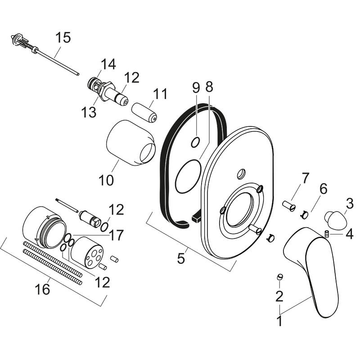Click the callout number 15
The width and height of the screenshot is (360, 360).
pyautogui.click(x=64, y=37)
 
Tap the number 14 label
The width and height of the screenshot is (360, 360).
pyautogui.click(x=108, y=65)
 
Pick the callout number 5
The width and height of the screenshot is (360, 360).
pyautogui.click(x=181, y=259)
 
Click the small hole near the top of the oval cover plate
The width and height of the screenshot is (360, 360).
pyautogui.click(x=240, y=172)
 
